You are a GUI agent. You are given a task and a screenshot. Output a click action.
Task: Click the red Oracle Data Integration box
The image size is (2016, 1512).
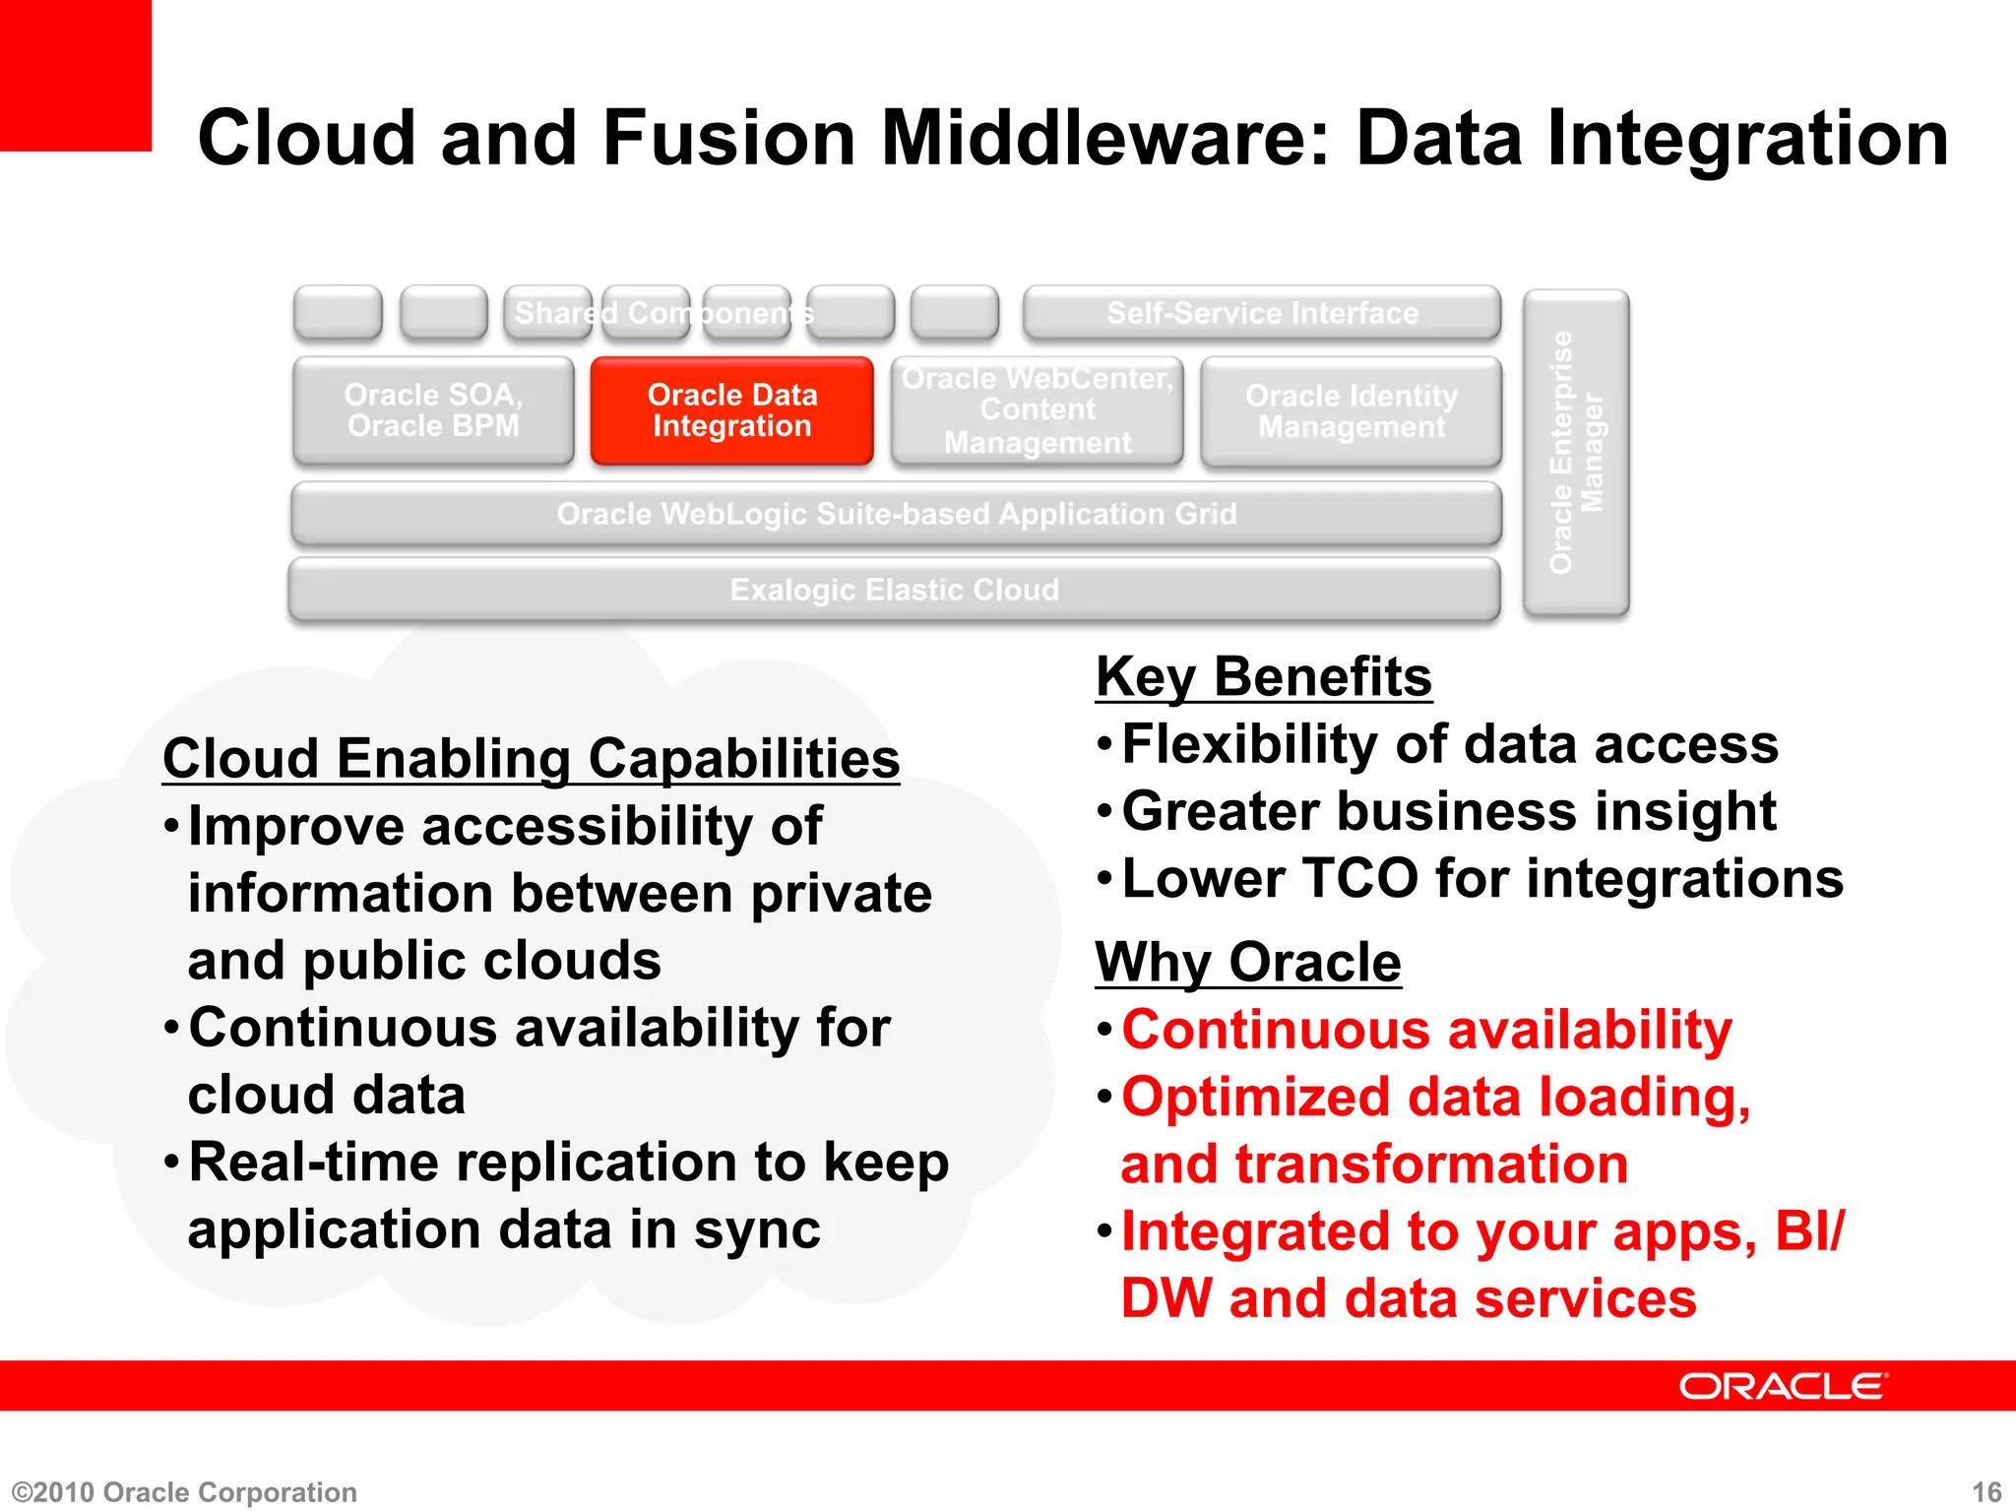[731, 410]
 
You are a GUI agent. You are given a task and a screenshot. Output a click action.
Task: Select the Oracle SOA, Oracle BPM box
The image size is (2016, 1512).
[433, 410]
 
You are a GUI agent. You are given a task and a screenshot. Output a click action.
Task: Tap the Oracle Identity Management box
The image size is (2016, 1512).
[1352, 411]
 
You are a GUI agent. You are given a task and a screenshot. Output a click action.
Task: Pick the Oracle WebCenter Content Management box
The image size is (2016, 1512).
[1038, 410]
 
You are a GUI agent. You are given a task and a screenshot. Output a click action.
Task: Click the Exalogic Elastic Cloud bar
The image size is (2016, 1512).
[894, 590]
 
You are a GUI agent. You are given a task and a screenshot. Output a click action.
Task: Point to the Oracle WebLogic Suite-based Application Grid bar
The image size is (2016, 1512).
[896, 514]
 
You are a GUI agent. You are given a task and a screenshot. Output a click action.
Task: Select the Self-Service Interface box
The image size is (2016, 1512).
[1262, 313]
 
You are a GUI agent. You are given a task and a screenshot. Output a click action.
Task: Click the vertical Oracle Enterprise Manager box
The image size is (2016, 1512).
[1576, 453]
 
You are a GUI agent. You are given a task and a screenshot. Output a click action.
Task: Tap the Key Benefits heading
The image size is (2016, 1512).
[1264, 677]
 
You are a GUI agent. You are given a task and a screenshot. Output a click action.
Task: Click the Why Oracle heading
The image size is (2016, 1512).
[1248, 962]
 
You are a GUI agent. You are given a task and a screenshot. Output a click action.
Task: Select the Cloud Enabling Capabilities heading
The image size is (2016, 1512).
[531, 759]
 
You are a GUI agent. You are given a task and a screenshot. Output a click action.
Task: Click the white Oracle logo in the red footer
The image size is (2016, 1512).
[1783, 1386]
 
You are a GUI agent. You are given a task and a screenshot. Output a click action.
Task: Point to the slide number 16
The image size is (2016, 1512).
[1986, 1492]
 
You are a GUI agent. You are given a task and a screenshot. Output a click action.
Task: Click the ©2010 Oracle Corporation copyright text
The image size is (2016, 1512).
[184, 1492]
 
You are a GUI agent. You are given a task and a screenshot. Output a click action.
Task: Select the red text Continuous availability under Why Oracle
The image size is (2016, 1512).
[1426, 1031]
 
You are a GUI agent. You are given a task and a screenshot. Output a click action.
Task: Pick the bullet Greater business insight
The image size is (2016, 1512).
[1448, 811]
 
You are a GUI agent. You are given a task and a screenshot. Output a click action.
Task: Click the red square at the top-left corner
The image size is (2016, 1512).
[75, 75]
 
